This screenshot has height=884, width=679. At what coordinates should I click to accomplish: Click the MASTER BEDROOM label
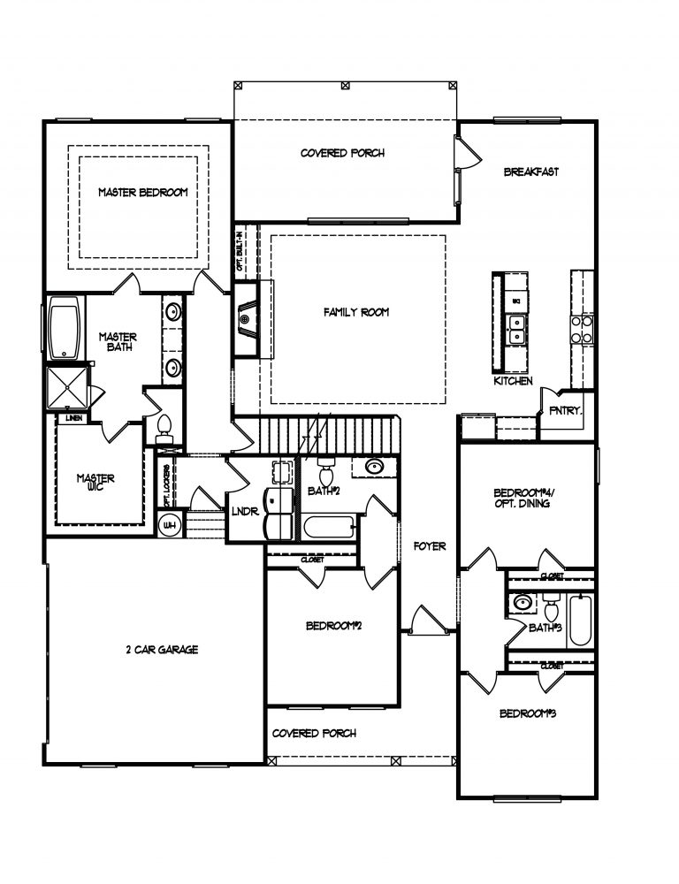(142, 192)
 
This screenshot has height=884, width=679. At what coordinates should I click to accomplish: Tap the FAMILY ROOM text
(356, 312)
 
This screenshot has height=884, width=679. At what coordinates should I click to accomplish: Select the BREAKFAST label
(530, 172)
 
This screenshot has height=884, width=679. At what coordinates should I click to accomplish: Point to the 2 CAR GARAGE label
(161, 650)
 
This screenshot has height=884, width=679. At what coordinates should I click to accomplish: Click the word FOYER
(430, 547)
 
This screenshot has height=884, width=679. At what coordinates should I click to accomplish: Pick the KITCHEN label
(514, 381)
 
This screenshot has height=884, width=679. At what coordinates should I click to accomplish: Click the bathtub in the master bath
(65, 331)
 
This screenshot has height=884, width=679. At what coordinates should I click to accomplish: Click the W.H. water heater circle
(168, 526)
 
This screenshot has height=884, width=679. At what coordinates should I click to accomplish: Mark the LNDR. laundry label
(244, 511)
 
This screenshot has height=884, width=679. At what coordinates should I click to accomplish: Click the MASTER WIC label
(95, 484)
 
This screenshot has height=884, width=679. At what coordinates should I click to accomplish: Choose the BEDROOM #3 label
(527, 713)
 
